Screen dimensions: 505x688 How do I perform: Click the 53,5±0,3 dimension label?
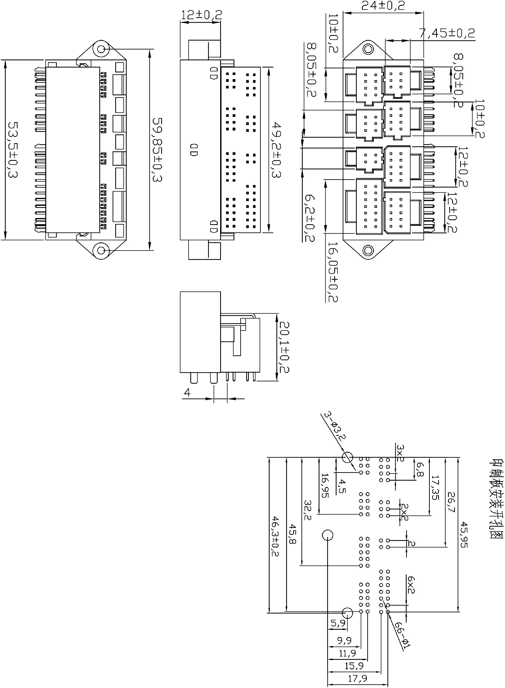point(13,150)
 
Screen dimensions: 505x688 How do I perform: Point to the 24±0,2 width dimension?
point(383,6)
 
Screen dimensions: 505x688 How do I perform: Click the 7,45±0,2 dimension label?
point(447,33)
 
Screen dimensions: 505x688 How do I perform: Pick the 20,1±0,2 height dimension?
point(284,347)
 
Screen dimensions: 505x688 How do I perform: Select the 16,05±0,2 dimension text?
point(333,272)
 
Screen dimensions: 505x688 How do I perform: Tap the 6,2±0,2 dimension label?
point(309,219)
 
